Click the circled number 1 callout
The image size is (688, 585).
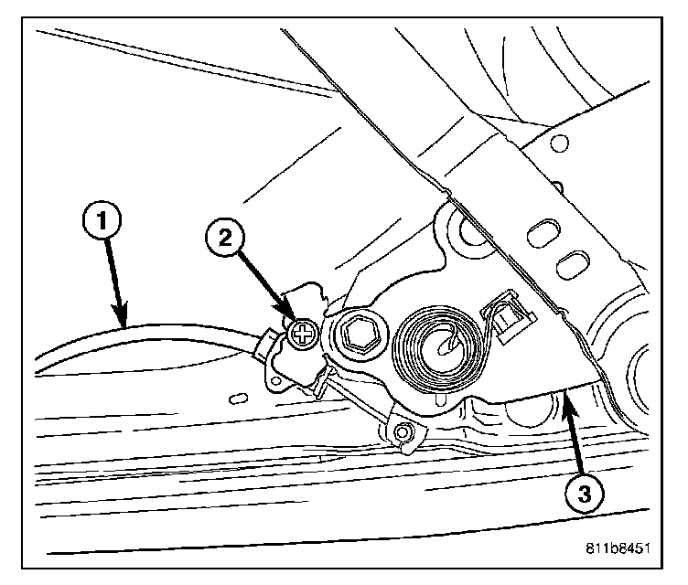[102, 220]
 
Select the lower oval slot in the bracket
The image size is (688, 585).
[574, 266]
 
